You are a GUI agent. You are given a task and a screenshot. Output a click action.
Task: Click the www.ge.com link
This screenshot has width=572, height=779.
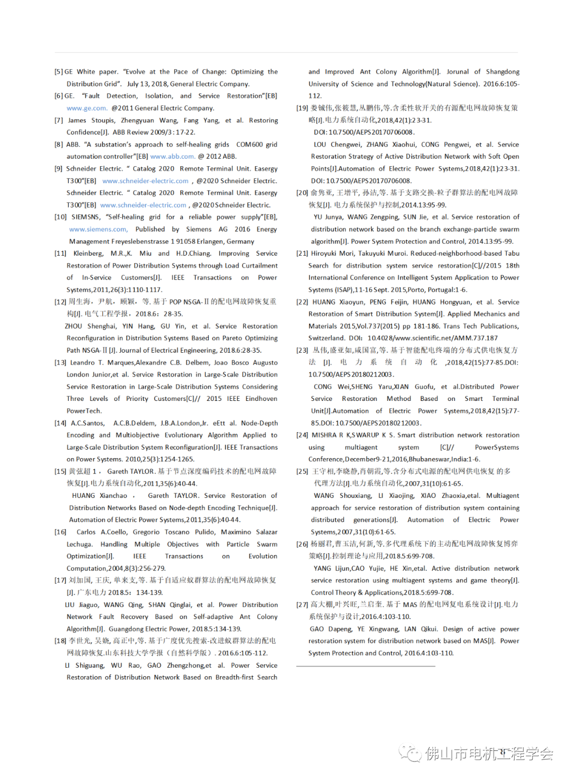pos(86,108)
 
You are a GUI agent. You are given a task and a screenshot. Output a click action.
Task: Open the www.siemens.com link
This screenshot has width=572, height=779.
pos(99,229)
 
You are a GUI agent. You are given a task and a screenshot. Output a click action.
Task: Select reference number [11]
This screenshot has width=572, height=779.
pos(60,253)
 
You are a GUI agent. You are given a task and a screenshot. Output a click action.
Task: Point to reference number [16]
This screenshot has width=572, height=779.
pos(60,532)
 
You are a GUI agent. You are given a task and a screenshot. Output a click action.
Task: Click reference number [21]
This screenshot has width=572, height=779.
pos(302,253)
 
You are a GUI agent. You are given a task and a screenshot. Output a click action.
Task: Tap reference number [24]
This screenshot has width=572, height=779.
pos(302,435)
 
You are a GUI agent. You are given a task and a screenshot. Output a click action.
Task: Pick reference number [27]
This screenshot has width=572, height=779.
pos(302,604)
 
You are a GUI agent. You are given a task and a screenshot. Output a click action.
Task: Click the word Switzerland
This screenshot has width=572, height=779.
pos(326,338)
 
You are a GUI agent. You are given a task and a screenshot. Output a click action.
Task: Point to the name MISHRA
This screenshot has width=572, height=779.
pos(324,435)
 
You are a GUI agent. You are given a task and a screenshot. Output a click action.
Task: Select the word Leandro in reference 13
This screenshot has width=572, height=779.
pos(82,362)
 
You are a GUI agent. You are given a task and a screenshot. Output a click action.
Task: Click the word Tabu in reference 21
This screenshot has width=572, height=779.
pos(512,253)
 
